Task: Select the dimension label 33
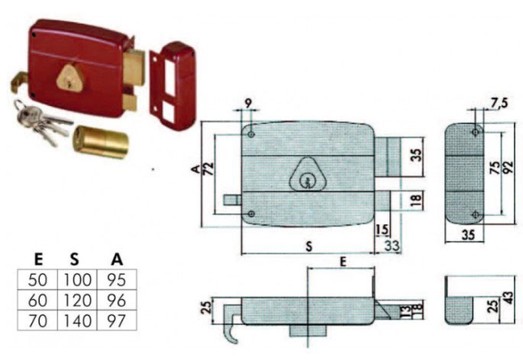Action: point(393,246)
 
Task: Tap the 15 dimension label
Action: point(382,231)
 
